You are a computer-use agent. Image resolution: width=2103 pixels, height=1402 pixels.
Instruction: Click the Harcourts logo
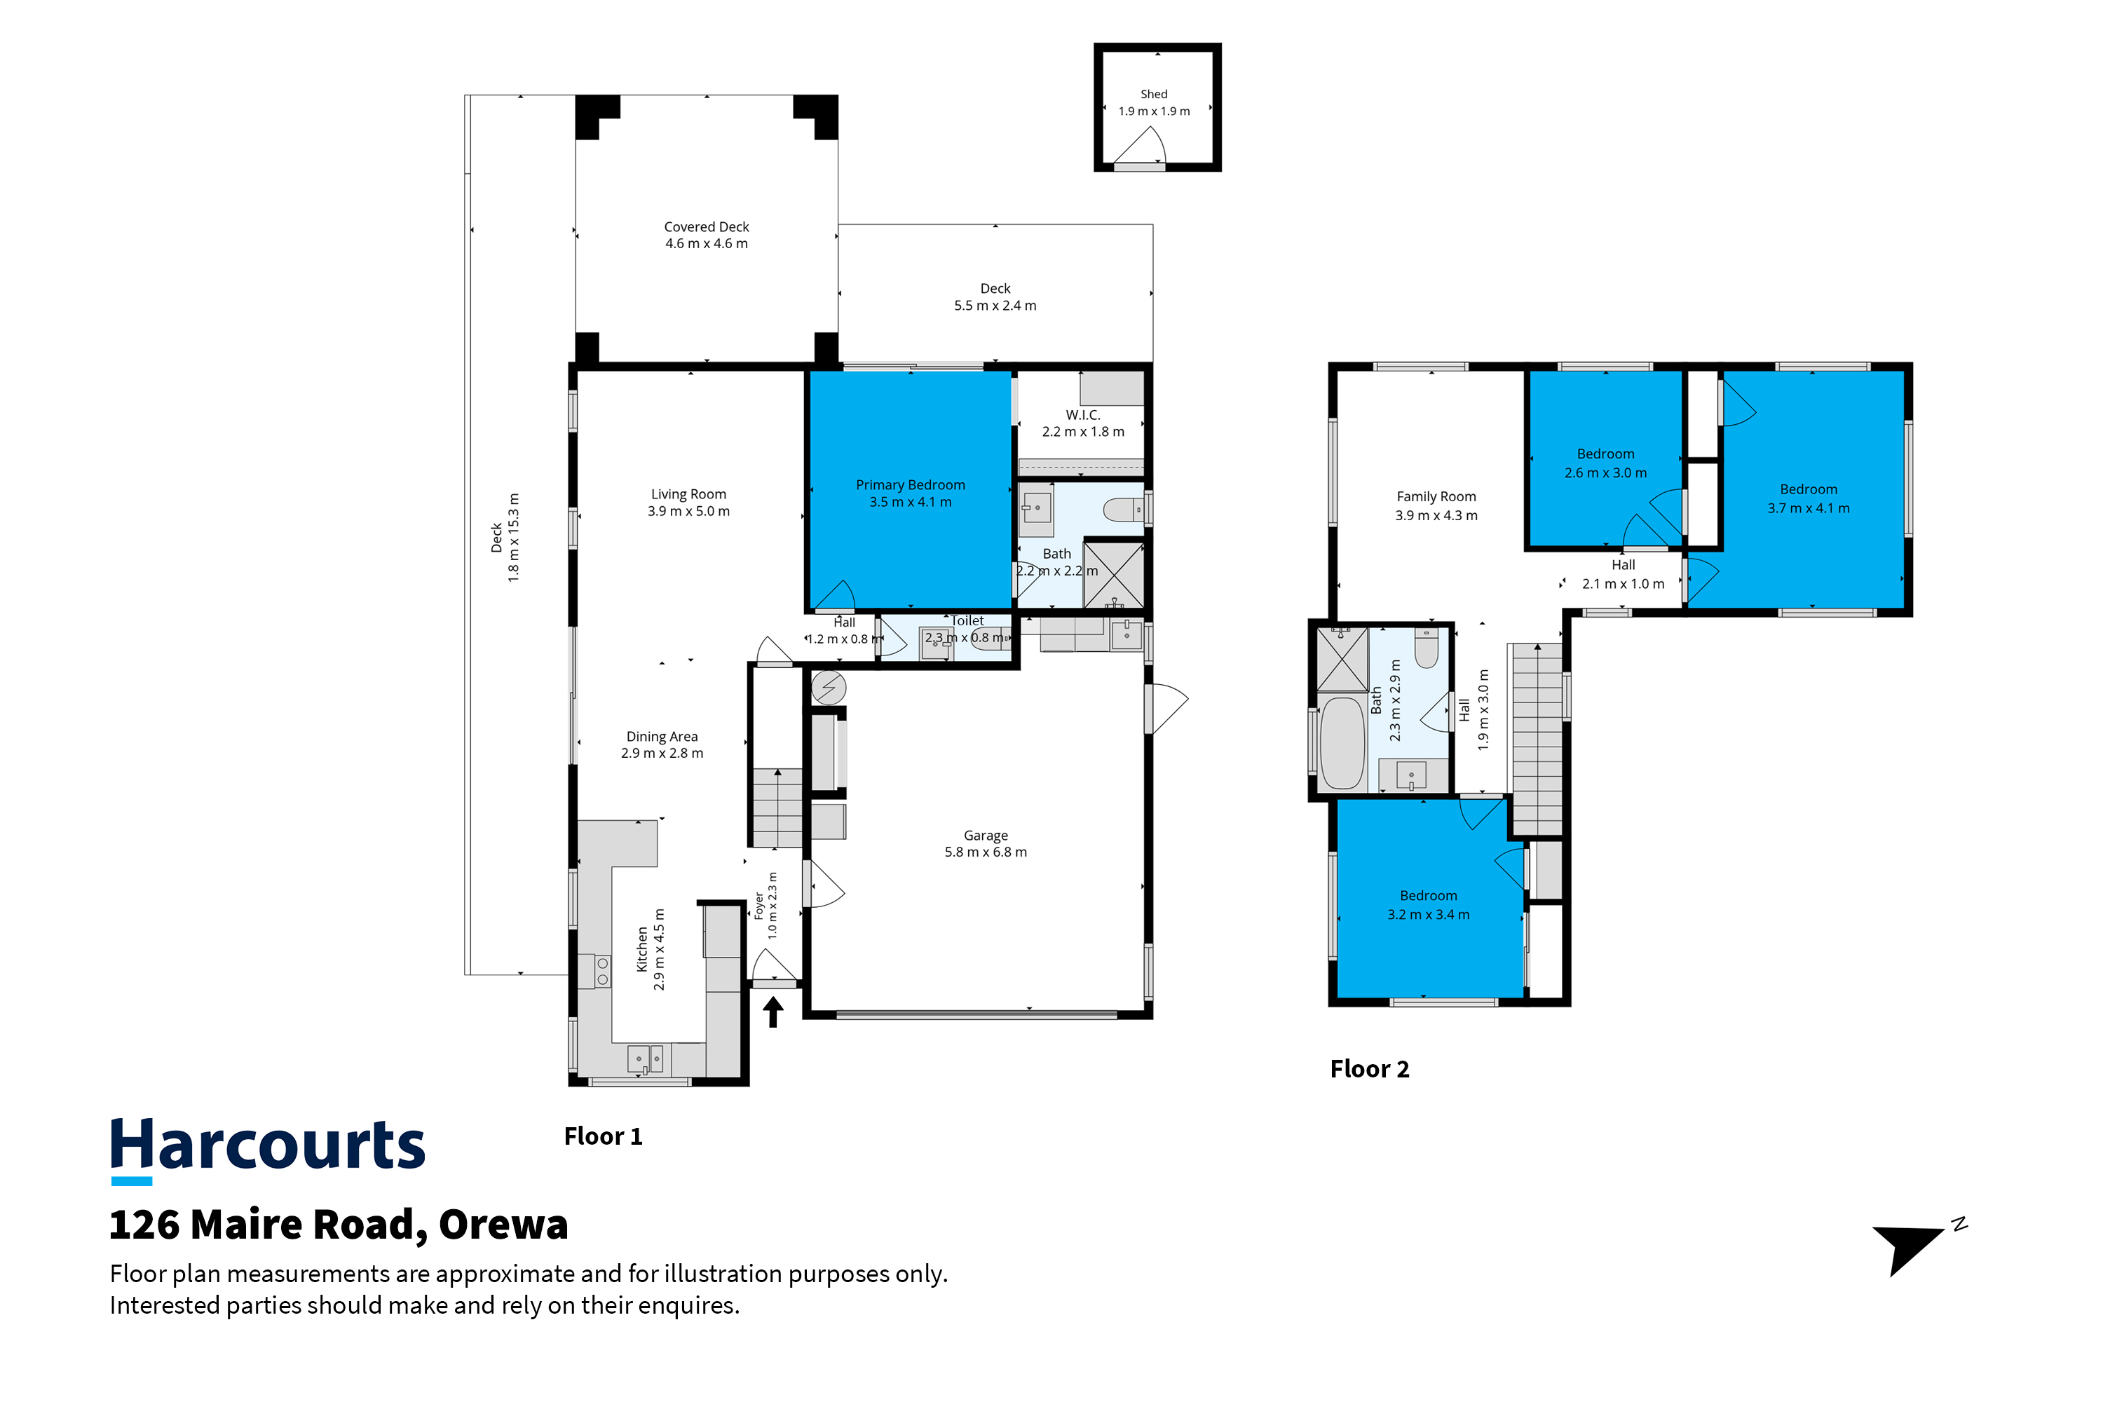[x=267, y=1150]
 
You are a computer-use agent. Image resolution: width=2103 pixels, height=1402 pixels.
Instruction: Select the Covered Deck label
[x=707, y=227]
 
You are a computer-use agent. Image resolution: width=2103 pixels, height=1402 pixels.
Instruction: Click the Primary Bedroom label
[x=910, y=484]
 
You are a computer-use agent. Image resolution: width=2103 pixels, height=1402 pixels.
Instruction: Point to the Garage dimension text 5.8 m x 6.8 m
[x=986, y=852]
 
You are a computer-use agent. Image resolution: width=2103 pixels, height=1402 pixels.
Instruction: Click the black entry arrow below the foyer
[x=773, y=1012]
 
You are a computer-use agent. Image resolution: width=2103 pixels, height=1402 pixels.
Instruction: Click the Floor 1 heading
[x=603, y=1136]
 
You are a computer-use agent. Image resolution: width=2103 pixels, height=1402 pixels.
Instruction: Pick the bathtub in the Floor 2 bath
[x=1342, y=742]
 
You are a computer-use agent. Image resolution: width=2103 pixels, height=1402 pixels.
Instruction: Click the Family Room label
[x=1436, y=496]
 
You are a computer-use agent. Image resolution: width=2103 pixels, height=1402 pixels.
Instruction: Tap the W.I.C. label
[x=1083, y=415]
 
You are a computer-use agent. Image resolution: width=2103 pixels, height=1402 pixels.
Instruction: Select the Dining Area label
[x=662, y=737]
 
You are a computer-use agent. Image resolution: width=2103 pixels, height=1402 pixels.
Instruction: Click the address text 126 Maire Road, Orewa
[x=339, y=1225]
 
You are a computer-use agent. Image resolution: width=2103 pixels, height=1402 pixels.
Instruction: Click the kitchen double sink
[x=645, y=1059]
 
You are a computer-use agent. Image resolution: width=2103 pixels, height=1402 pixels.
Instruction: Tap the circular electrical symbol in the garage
[x=829, y=688]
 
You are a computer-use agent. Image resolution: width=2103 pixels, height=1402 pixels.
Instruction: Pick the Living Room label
[x=688, y=494]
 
